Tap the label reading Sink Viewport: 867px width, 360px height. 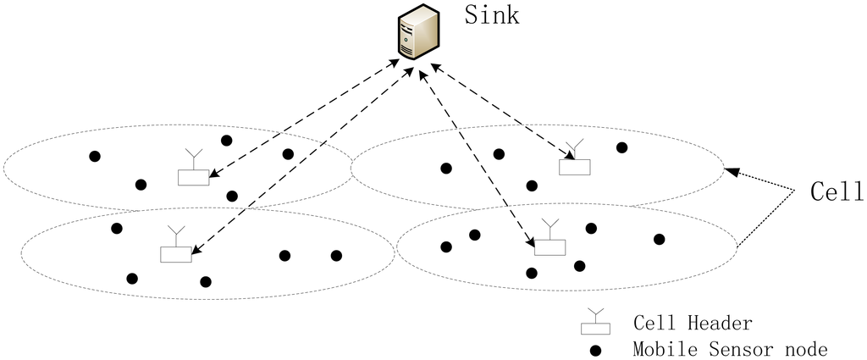tap(491, 17)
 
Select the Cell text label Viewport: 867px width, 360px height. tap(834, 191)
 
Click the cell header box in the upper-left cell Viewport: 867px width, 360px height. tap(193, 177)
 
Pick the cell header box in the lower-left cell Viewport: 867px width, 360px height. tap(176, 253)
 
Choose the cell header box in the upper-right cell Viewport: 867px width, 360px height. tap(574, 167)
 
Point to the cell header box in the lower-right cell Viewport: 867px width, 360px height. tap(549, 246)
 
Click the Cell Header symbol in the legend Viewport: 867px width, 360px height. tap(594, 325)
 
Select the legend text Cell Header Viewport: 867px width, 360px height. tap(693, 324)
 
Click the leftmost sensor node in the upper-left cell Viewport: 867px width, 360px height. tap(95, 157)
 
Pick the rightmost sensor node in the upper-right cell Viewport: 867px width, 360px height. tap(621, 147)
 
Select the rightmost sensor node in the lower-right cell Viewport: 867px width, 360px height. tap(659, 239)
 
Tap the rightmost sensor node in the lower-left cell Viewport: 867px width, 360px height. tap(336, 255)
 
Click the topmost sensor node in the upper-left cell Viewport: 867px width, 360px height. tap(226, 141)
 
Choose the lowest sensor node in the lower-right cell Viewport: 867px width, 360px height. tap(531, 273)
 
